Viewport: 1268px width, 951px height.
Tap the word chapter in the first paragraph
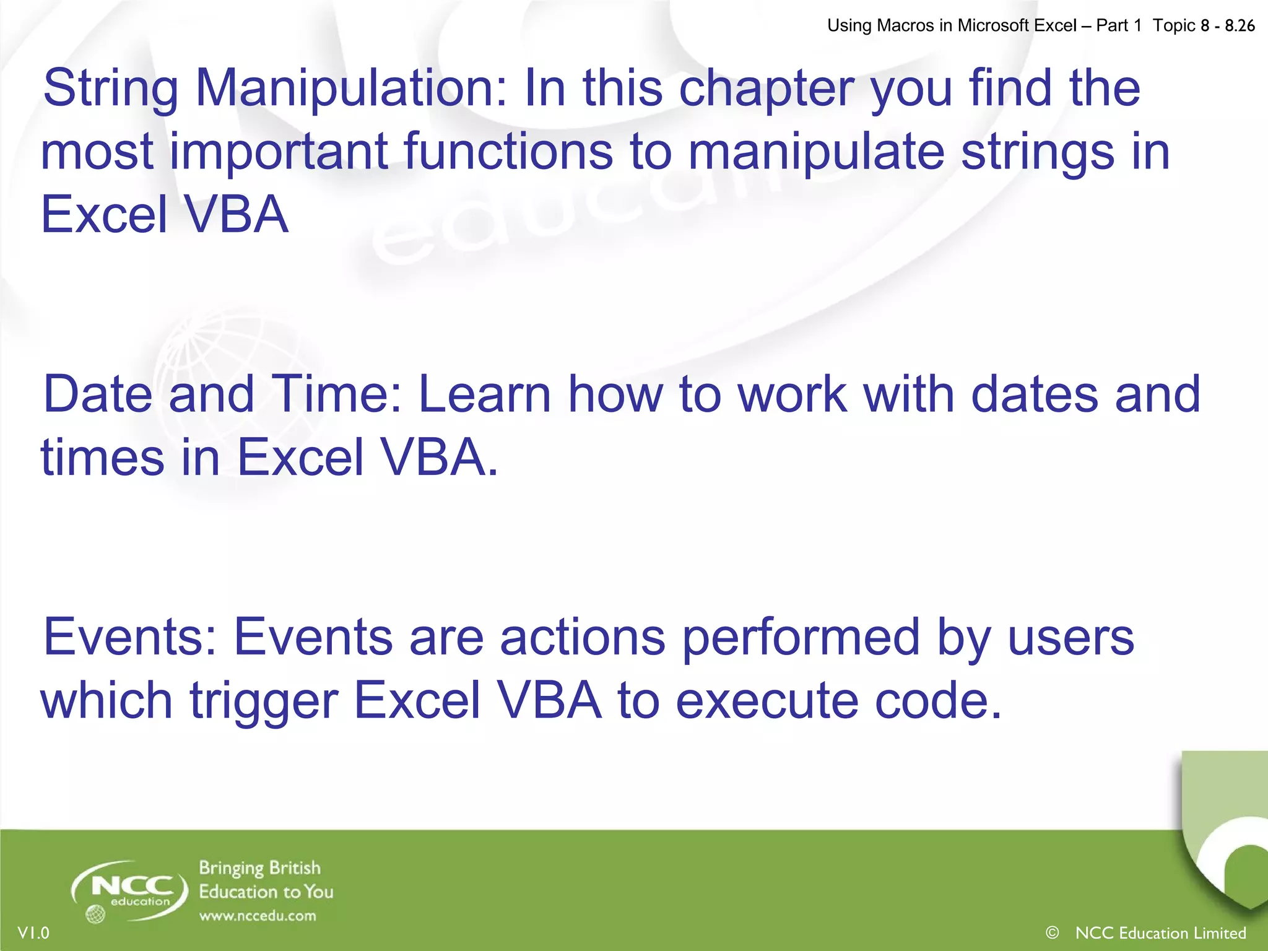[x=766, y=89]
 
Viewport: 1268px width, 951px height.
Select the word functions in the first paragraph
[x=508, y=152]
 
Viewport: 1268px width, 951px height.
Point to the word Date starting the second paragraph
[x=97, y=394]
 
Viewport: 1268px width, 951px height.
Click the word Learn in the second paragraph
[x=485, y=394]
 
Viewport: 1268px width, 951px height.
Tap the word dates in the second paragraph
[x=1034, y=394]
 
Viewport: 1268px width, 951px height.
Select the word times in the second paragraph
[x=103, y=458]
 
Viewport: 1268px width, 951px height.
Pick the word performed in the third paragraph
[x=801, y=638]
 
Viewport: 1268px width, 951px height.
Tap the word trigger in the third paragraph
[x=263, y=701]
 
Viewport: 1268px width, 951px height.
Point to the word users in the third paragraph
[x=1071, y=638]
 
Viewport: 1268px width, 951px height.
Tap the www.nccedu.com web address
[x=258, y=916]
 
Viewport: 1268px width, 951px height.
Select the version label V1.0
[x=33, y=932]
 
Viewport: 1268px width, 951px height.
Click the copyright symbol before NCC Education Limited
[x=1052, y=932]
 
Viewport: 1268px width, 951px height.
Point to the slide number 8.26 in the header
[x=1240, y=25]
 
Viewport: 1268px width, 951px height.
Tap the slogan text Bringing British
[x=259, y=868]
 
